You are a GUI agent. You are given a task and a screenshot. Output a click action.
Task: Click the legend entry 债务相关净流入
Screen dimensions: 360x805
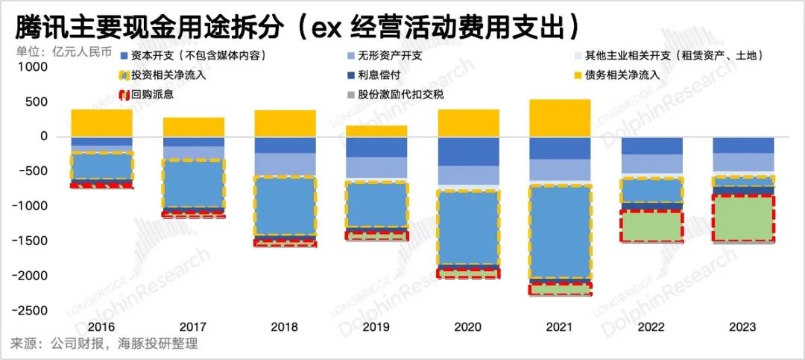(629, 75)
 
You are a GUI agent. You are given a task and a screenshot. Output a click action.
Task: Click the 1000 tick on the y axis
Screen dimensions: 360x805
(34, 67)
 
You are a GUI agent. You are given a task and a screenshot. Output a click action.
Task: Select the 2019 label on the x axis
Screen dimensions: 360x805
(376, 327)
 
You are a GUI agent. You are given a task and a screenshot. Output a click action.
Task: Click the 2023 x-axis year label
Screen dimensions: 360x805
(743, 327)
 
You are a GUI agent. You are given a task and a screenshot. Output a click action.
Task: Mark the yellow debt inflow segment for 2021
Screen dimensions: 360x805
(560, 119)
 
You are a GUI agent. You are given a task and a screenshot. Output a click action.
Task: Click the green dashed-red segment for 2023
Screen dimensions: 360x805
(743, 218)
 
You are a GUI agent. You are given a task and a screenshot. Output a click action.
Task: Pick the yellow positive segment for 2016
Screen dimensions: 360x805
(101, 123)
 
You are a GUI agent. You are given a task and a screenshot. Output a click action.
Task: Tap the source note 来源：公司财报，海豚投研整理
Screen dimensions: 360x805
(104, 344)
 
